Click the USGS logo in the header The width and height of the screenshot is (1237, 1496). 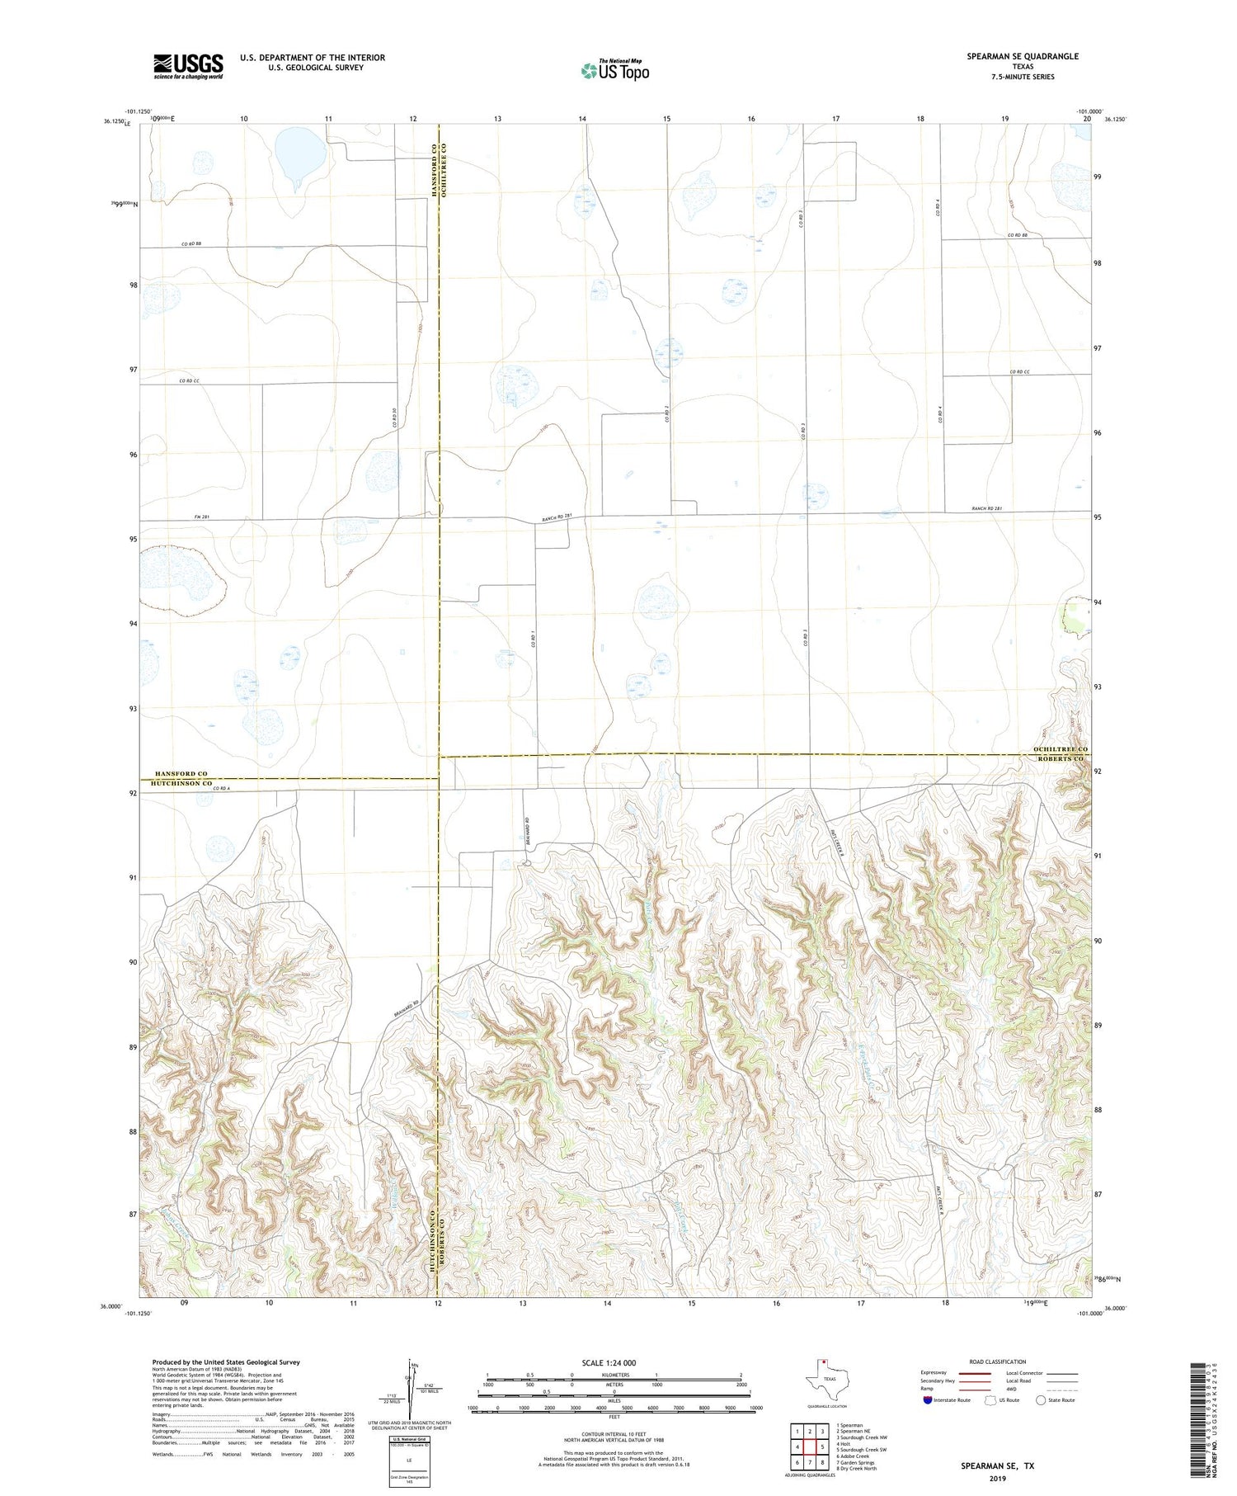188,66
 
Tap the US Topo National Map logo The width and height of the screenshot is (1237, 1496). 614,71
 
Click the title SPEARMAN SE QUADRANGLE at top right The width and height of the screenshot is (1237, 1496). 1022,56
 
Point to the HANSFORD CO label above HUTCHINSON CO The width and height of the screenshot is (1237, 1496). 181,773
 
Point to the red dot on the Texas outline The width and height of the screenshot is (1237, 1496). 822,1362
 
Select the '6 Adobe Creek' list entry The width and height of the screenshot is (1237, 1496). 854,1456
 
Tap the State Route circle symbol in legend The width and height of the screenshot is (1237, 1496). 1041,1400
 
